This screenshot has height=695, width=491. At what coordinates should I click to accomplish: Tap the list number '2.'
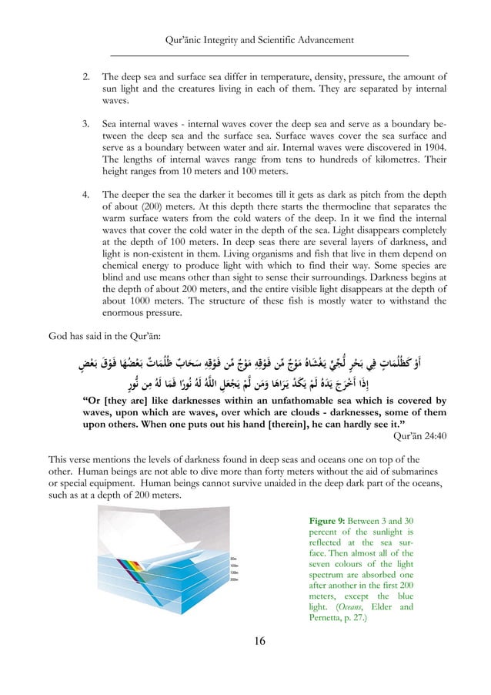87,77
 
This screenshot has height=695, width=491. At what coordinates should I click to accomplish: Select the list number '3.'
87,123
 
